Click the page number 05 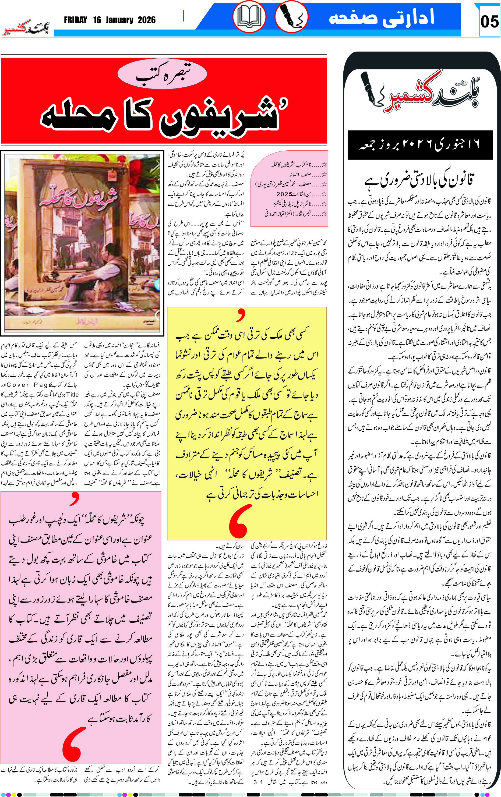point(489,22)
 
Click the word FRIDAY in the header point(76,20)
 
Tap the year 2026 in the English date point(146,20)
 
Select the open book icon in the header point(249,17)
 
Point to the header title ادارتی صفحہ point(382,17)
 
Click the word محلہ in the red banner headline point(79,118)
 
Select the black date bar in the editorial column point(420,145)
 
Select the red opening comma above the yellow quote point(241,315)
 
